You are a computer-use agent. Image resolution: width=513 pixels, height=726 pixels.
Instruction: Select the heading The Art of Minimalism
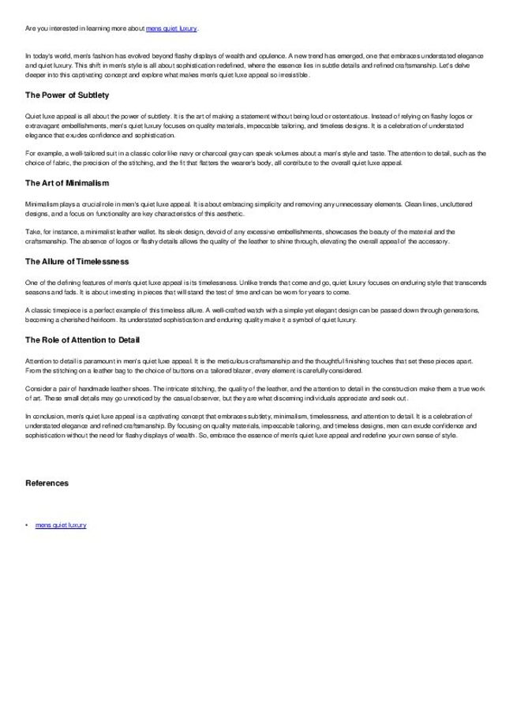(66, 183)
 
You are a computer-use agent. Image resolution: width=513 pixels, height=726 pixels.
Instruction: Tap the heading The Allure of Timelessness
(77, 260)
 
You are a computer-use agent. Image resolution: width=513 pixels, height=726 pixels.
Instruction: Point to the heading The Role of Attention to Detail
(83, 339)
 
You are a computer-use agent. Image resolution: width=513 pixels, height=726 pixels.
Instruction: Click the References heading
(47, 482)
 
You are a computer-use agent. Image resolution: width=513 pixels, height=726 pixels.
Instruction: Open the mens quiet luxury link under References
(61, 525)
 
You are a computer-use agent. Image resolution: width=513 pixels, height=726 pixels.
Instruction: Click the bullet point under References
(27, 525)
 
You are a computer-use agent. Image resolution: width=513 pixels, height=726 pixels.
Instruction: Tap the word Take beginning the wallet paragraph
(32, 231)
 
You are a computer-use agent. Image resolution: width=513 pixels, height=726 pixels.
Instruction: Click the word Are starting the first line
(30, 28)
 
